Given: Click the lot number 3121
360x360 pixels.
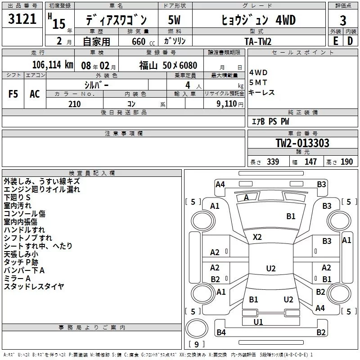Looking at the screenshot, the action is click(x=22, y=19).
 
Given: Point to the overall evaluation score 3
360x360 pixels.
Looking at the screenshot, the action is click(x=343, y=20).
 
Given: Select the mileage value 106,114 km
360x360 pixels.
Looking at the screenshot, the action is click(x=53, y=65).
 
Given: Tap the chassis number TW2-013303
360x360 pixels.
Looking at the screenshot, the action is click(x=302, y=144).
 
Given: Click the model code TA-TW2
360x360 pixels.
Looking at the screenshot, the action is click(x=258, y=41).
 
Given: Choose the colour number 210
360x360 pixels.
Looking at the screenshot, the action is click(x=74, y=104).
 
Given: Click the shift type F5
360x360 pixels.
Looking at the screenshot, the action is click(x=13, y=94).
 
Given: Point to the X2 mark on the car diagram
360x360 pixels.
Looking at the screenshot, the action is click(x=257, y=237).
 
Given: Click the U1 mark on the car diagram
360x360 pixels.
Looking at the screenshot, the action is click(x=258, y=322).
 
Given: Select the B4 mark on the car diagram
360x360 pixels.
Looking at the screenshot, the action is click(x=221, y=333).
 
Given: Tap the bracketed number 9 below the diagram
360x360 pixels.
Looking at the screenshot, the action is click(x=196, y=345).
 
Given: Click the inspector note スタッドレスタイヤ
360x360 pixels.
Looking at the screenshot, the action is click(x=34, y=286).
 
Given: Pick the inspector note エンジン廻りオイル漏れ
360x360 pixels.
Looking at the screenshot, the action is click(x=42, y=189).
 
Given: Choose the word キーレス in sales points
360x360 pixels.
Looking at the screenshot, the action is click(x=261, y=92).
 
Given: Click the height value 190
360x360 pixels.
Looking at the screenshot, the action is click(x=346, y=162).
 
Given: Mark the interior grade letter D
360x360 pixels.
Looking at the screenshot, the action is click(x=350, y=41).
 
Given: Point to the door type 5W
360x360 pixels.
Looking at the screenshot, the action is click(x=174, y=21).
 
